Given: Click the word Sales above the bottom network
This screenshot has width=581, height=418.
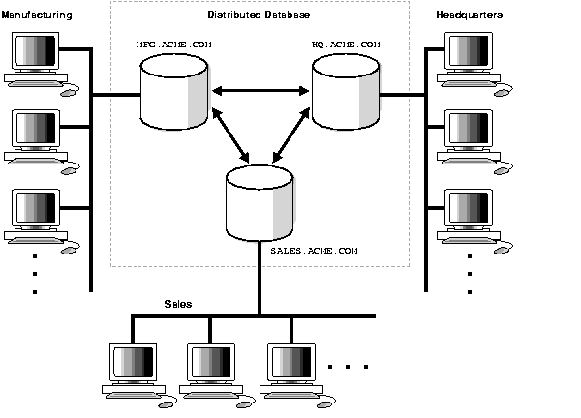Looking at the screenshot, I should tap(177, 304).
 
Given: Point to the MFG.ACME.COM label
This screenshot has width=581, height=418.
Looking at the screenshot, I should tap(172, 45).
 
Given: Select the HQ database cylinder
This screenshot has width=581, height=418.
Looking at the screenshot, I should tap(346, 92).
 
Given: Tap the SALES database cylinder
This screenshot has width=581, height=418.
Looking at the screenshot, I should tap(259, 202).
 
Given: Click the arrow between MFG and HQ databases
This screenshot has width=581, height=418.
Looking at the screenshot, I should tap(260, 91).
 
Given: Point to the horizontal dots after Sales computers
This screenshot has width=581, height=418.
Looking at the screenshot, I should tap(349, 367).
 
